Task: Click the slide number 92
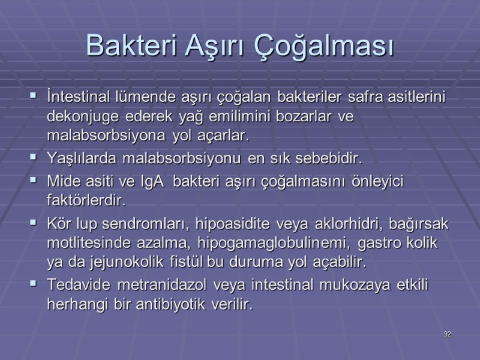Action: [447, 334]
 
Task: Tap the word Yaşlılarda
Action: [81, 160]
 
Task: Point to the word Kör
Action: [58, 224]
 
